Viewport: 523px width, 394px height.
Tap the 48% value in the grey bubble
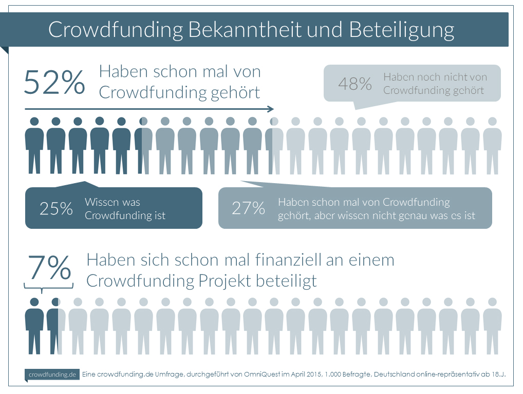pos(355,84)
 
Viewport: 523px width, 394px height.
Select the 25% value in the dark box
pos(56,208)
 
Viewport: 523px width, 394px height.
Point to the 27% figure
pos(248,208)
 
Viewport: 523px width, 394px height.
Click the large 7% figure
pos(49,267)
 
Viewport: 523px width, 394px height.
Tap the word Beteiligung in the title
pos(402,30)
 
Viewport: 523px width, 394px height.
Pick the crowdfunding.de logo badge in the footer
pos(52,375)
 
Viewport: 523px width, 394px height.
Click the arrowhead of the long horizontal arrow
pos(271,109)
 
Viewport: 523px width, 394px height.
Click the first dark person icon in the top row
pos(34,146)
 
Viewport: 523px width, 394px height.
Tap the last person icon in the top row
pos(492,146)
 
